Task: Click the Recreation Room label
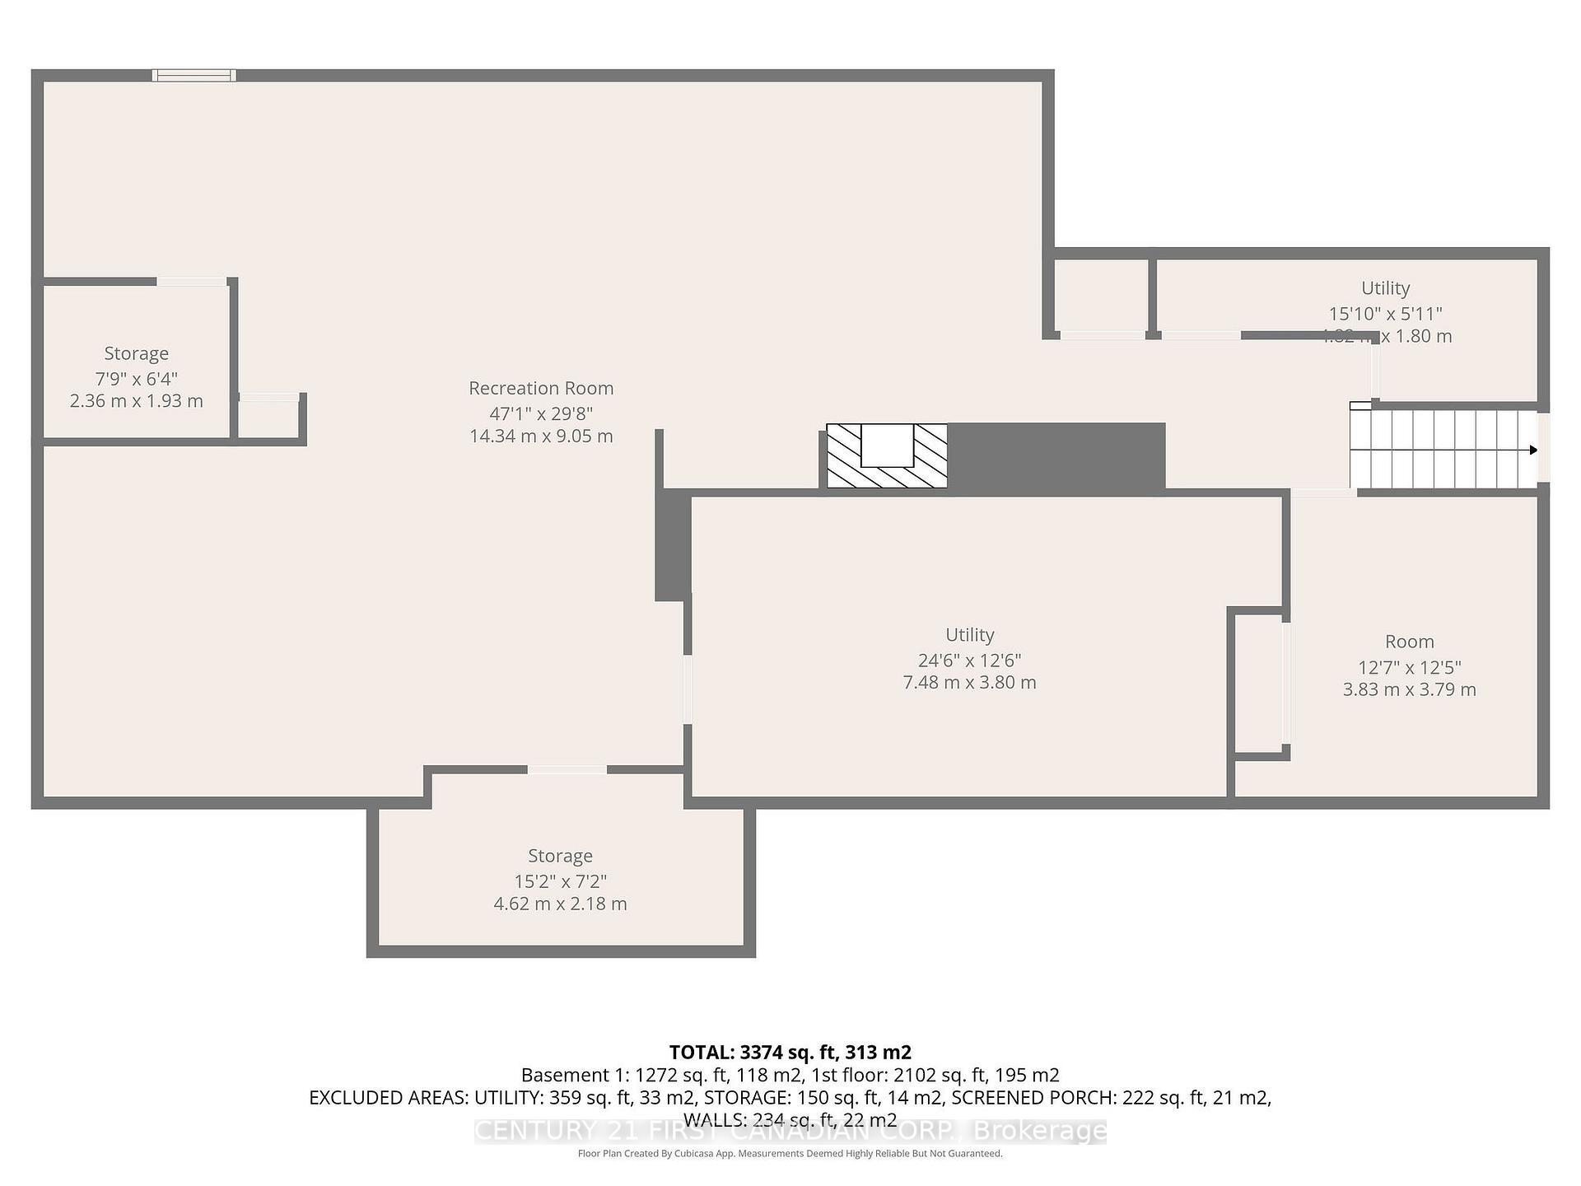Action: [541, 388]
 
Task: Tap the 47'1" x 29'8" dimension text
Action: [541, 413]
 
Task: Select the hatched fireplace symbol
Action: [887, 455]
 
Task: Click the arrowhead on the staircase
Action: [1532, 450]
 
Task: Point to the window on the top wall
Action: [194, 76]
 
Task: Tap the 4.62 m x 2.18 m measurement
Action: [560, 904]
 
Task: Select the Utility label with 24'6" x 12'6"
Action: [969, 635]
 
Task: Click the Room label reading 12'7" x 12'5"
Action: [1409, 642]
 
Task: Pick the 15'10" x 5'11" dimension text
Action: [1385, 313]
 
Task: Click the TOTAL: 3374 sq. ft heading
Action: [790, 1052]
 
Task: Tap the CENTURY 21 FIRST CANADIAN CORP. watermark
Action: [790, 1131]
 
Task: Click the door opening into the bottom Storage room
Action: [567, 769]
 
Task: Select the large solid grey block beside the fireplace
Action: [1056, 458]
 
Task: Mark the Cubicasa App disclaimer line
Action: [790, 1153]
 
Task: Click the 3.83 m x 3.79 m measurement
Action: [1409, 689]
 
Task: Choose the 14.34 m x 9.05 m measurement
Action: [541, 436]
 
